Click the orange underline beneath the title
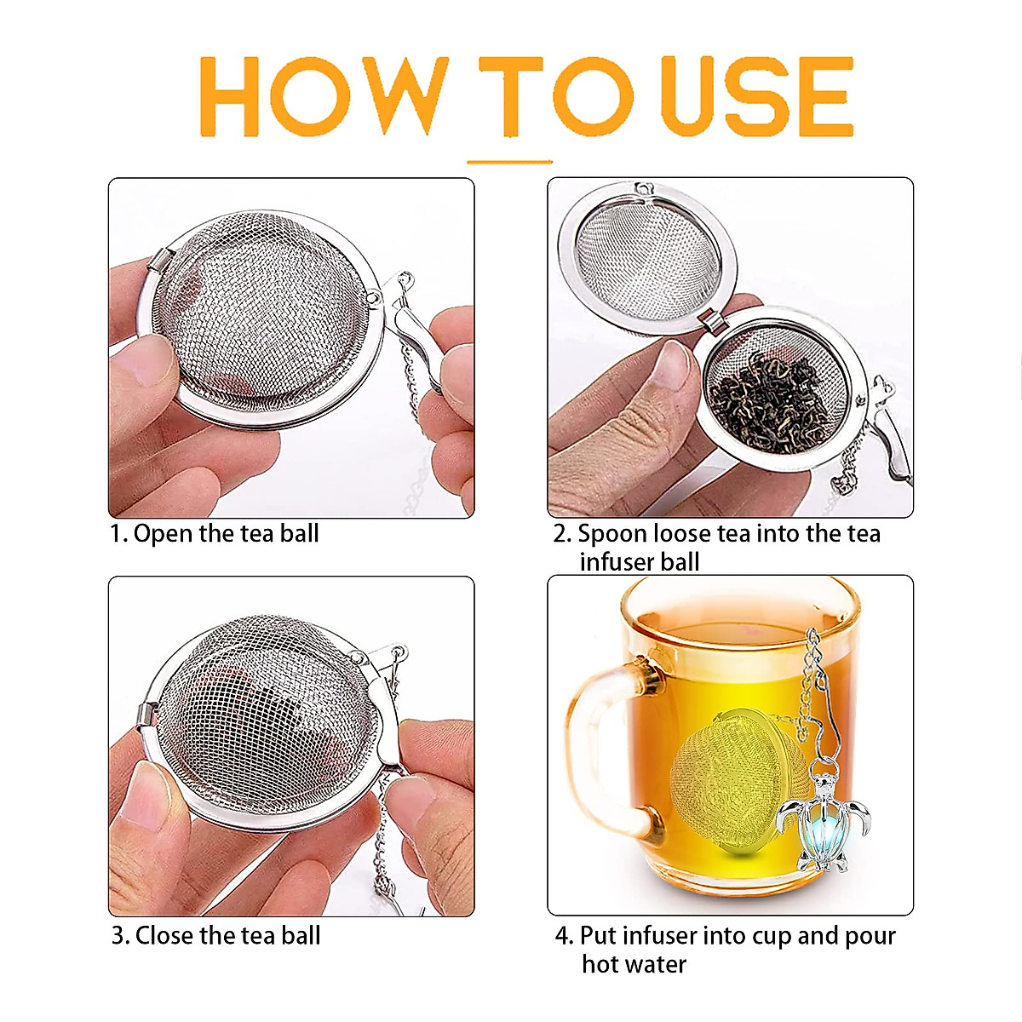(x=510, y=160)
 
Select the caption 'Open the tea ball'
(x=226, y=534)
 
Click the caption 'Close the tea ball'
(x=227, y=935)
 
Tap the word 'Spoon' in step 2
(x=612, y=534)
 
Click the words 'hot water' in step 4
(x=634, y=964)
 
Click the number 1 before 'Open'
(x=116, y=535)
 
